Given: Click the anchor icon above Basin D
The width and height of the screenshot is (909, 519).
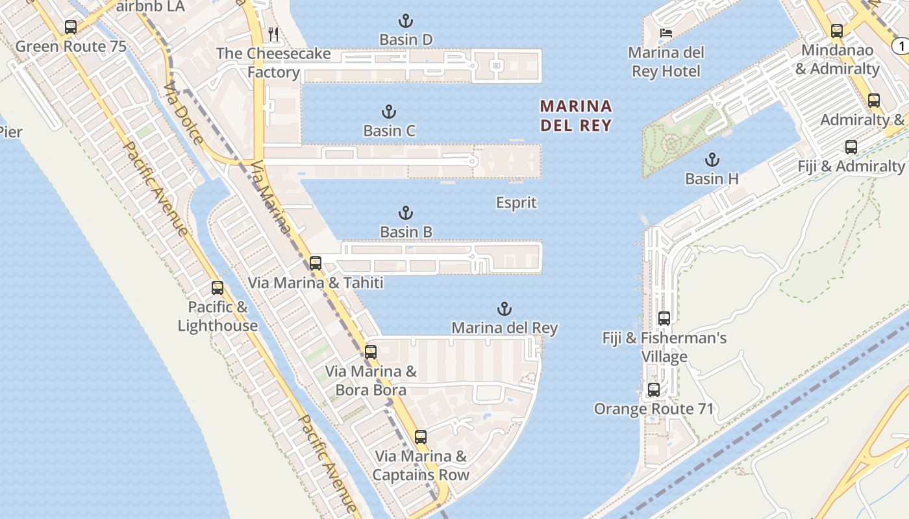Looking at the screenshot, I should (405, 21).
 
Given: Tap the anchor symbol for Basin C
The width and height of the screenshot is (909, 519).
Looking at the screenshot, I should (389, 112).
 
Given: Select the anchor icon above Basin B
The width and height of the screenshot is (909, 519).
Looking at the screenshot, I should (406, 213).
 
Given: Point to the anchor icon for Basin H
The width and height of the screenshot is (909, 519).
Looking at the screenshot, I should (712, 160).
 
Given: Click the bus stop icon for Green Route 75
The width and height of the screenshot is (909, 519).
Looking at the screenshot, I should (71, 27).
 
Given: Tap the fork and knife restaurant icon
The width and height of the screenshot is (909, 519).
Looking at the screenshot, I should (274, 34).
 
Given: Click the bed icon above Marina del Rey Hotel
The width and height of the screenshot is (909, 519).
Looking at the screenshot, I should (666, 33).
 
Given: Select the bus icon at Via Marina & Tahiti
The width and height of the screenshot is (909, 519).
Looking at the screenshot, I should (316, 263).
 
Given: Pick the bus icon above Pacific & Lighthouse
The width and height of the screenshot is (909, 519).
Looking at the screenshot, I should (218, 287).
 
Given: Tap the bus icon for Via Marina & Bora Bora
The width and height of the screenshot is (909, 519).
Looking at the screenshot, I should (371, 352).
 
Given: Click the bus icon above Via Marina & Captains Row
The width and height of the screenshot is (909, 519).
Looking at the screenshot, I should (421, 437).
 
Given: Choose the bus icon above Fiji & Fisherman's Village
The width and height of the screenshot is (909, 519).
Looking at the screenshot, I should (664, 319).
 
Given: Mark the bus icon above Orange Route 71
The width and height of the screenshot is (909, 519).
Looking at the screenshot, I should (654, 390).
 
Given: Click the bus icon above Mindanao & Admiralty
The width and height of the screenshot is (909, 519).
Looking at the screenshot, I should (837, 30).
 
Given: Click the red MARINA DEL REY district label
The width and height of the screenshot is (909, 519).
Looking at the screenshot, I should (576, 115).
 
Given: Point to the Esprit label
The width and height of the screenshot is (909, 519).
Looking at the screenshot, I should (516, 203).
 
